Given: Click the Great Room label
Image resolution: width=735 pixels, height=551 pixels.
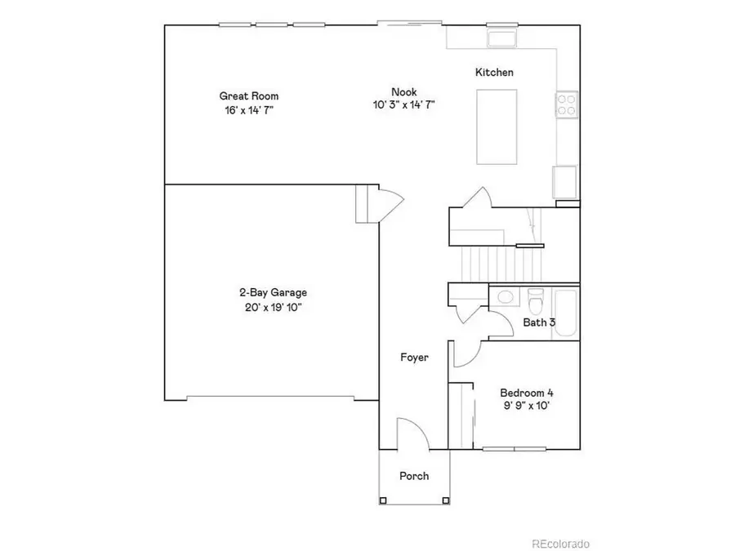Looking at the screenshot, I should pos(243,96).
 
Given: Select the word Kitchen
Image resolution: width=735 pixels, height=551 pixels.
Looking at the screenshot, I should pos(494,73).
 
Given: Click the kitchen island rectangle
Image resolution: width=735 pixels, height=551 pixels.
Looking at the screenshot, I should pos(497,126).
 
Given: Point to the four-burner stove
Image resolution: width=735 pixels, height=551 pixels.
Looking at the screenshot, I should pos(566,104).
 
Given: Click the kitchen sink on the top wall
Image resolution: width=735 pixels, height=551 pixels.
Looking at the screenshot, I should pos(501,39).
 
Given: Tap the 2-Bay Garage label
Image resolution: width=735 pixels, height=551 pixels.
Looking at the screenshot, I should pos(273,292).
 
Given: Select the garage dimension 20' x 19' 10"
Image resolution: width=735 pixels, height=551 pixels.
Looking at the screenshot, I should pos(273,307).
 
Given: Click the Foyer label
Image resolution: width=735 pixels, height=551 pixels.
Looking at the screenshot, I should pos(414,358).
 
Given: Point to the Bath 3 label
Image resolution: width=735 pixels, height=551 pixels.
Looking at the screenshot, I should pos(539,322).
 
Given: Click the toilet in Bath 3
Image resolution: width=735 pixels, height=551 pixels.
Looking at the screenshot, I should pos(536,300).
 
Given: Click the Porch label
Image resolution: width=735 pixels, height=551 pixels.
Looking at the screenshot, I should pos(413,476).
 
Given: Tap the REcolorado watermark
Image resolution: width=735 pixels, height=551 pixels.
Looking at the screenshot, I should pos(560,544).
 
